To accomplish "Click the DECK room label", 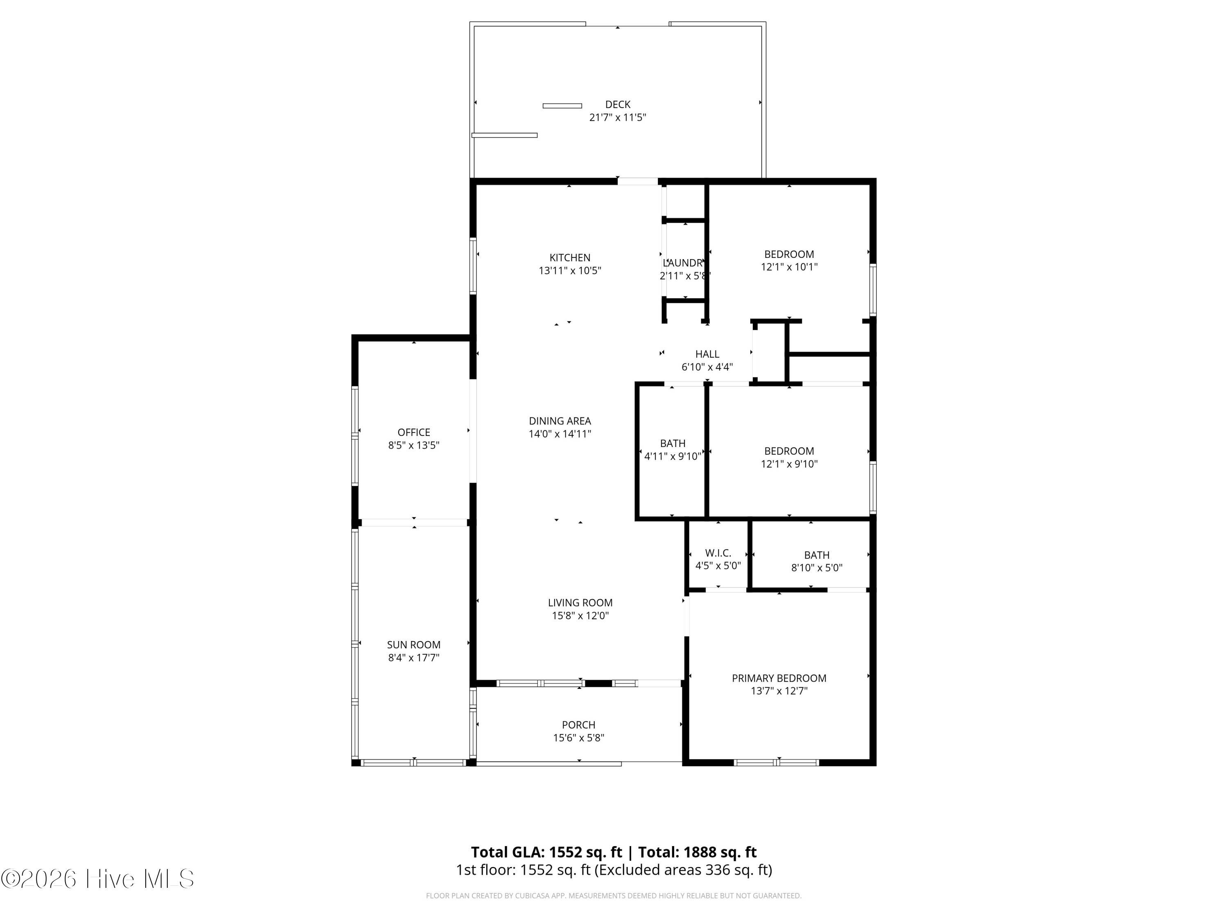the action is click(617, 104).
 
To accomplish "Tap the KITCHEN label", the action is click(570, 257).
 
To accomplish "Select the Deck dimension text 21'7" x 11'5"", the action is click(617, 117).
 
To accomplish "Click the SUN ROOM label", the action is click(413, 645).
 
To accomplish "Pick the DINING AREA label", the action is click(560, 421).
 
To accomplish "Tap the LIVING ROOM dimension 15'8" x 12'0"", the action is click(580, 615).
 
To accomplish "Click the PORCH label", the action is click(578, 725).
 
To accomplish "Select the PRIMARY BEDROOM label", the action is click(779, 678).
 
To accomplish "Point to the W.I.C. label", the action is click(718, 553).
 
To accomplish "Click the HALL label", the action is click(707, 354).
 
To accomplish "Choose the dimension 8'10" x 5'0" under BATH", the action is click(817, 567).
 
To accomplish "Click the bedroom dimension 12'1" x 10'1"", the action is click(789, 266).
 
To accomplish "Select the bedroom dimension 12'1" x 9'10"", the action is click(789, 463).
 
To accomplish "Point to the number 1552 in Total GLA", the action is click(566, 852).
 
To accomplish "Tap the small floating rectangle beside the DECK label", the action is click(562, 106).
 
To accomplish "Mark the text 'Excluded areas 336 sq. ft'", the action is click(682, 869).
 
